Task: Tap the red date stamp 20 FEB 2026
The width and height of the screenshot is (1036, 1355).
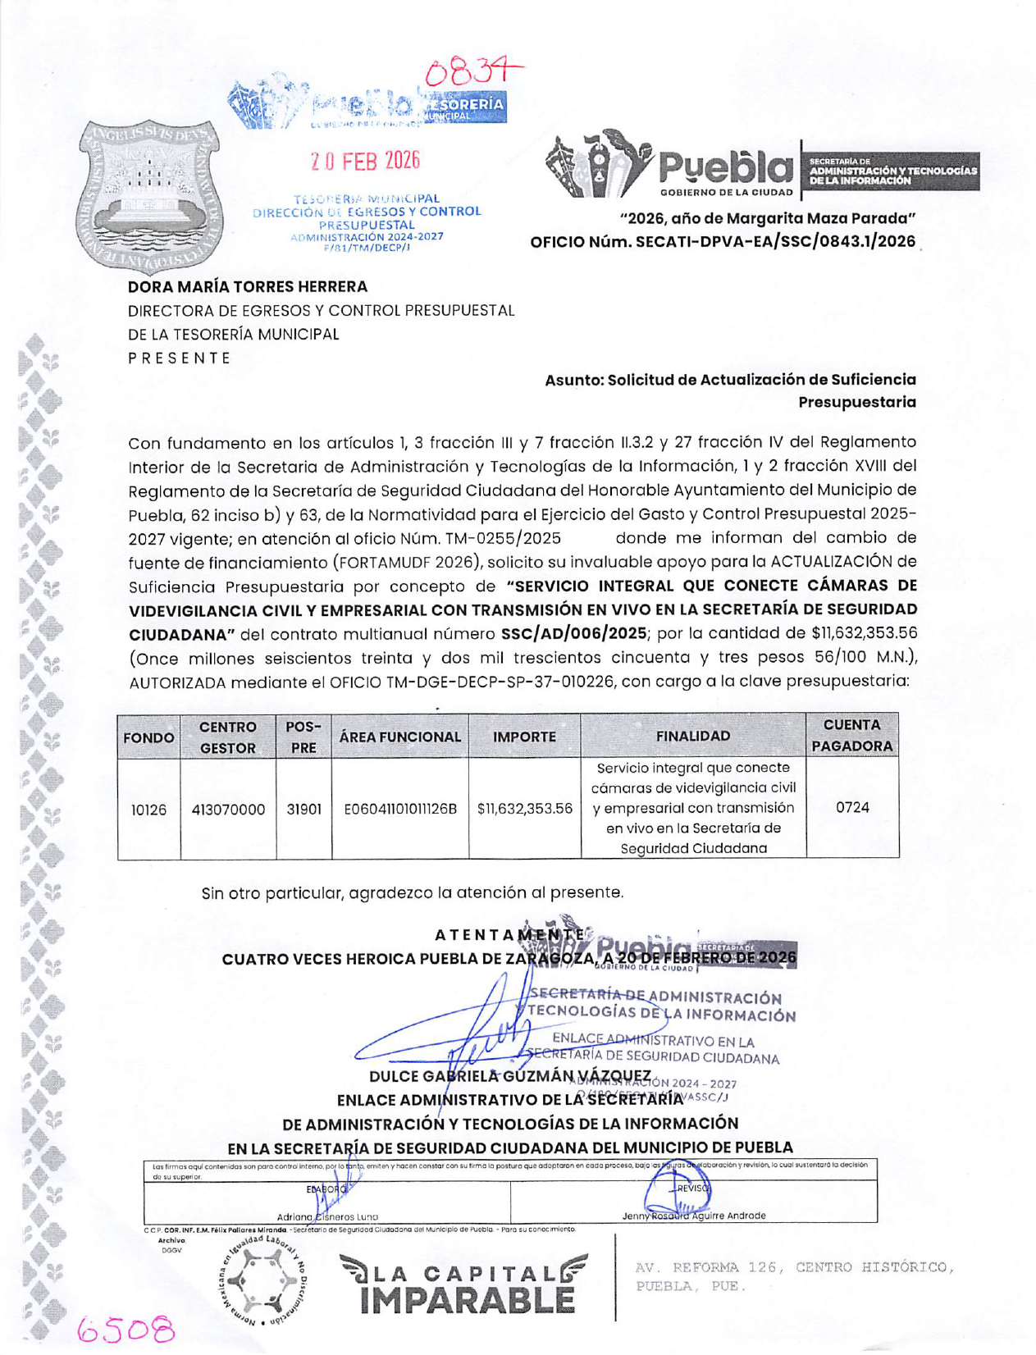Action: coord(365,161)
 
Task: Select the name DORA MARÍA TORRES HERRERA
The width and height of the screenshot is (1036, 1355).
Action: coord(248,287)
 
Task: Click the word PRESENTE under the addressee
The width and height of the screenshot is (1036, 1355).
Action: coord(180,358)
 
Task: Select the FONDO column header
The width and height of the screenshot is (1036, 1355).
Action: coord(148,737)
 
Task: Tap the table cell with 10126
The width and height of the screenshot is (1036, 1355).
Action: coord(148,810)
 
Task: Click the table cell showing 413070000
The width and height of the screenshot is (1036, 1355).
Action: coord(228,810)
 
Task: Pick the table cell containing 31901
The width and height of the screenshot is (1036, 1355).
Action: coord(303,810)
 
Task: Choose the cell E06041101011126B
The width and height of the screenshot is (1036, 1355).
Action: coord(399,810)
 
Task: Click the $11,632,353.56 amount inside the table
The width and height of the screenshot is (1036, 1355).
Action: coord(524,809)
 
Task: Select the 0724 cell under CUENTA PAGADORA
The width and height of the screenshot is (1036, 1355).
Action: coord(852,808)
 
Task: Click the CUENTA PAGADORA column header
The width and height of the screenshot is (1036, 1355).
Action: coord(852,736)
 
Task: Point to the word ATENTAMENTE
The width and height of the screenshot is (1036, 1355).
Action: coord(509,934)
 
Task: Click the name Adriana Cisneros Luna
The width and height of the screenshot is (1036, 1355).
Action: coord(327,1216)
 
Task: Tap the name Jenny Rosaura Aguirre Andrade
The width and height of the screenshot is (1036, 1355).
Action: coord(693,1216)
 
